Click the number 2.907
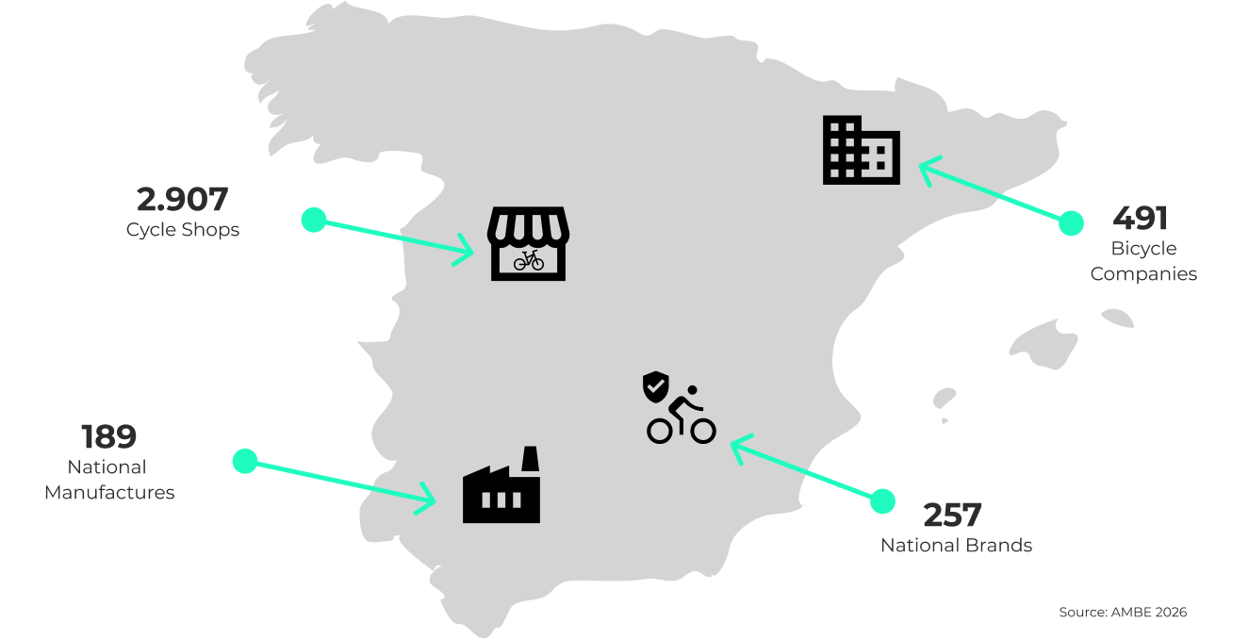tap(183, 200)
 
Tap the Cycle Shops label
tap(183, 230)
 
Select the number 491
tap(1141, 219)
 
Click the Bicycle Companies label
tap(1143, 261)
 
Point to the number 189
tap(109, 437)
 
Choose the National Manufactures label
tap(109, 480)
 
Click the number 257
tap(952, 516)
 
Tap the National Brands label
tap(956, 546)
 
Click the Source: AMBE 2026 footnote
tap(1122, 613)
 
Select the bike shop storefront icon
tap(528, 244)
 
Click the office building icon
tap(861, 151)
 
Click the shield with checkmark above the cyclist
tap(656, 385)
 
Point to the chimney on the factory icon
tap(530, 459)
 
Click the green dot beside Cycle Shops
tap(314, 221)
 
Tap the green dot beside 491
tap(1071, 223)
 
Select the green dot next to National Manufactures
tap(245, 461)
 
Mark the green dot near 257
tap(882, 500)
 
